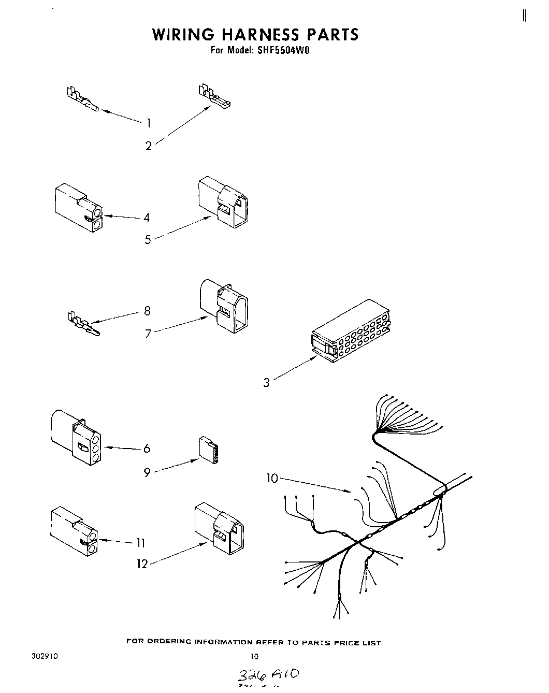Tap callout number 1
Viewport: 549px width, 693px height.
click(149, 123)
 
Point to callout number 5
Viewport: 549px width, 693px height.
click(148, 239)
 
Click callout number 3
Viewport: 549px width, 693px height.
click(266, 383)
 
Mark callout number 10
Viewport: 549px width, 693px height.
click(272, 478)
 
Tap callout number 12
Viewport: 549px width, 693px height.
click(142, 564)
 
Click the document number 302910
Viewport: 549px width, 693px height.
click(45, 656)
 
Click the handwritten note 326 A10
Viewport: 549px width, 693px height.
click(267, 675)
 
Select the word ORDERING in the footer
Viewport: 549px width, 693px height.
click(166, 642)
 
